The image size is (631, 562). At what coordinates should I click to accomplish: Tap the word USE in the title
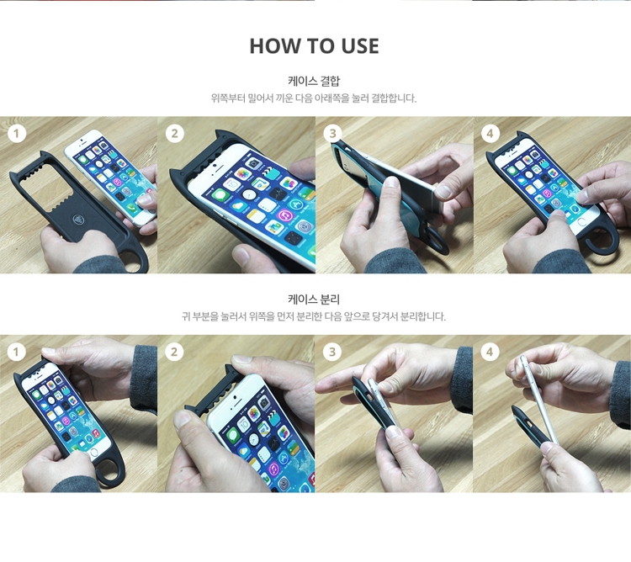(360, 46)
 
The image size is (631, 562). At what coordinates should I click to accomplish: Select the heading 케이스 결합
(314, 81)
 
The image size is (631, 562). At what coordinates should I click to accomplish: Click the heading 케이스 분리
(314, 300)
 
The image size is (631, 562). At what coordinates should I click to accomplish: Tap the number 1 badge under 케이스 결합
(17, 134)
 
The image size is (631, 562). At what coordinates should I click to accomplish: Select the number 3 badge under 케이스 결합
(332, 134)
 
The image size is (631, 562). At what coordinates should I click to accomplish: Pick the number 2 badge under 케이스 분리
(174, 352)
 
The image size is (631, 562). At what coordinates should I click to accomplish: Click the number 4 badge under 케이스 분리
(490, 352)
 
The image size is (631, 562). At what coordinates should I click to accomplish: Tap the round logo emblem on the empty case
(78, 220)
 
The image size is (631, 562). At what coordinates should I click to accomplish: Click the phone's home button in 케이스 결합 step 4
(582, 222)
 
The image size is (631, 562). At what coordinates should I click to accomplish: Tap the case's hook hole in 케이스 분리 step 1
(108, 470)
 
